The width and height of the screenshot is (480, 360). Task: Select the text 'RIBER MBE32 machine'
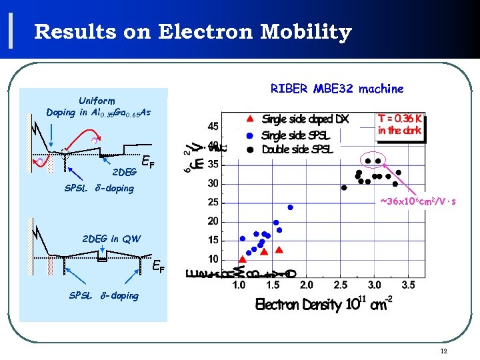tap(337, 88)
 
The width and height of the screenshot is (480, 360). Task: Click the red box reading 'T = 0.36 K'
tap(400, 125)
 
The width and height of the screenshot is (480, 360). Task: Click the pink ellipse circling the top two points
tap(372, 161)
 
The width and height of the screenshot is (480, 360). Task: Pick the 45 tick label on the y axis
tap(212, 126)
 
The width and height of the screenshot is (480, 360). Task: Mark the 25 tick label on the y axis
tap(212, 202)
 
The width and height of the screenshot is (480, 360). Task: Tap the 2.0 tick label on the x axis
tap(306, 285)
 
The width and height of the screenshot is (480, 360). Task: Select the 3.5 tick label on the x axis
tap(408, 285)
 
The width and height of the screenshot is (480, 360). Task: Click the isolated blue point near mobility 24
tap(290, 207)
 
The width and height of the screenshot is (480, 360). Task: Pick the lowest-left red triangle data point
tap(242, 259)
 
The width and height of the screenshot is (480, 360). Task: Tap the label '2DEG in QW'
tap(111, 239)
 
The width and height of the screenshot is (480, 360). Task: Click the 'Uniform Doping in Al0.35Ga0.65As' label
tap(98, 107)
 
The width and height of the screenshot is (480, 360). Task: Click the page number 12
tap(443, 351)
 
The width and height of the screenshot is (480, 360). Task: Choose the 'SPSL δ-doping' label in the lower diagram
tap(104, 295)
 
